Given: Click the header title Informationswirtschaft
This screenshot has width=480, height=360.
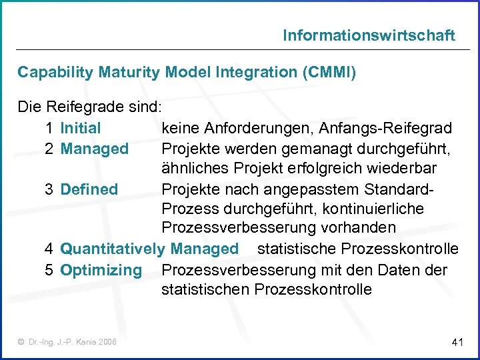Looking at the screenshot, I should point(369,35).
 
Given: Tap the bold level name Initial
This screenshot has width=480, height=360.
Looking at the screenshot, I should point(80,128).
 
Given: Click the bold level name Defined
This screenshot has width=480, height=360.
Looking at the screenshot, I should point(89,189).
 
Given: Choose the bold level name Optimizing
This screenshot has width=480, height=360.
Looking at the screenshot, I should point(101,270).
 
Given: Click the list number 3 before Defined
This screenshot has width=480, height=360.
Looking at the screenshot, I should point(49,189).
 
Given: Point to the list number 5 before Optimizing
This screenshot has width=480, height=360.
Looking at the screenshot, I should point(49,270).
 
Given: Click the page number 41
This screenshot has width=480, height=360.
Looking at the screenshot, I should point(457,343).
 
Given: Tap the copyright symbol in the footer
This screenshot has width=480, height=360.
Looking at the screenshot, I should point(22,342).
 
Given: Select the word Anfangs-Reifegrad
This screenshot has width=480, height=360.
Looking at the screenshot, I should point(395,128).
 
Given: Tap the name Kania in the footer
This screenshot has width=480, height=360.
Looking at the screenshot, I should point(83,342).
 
